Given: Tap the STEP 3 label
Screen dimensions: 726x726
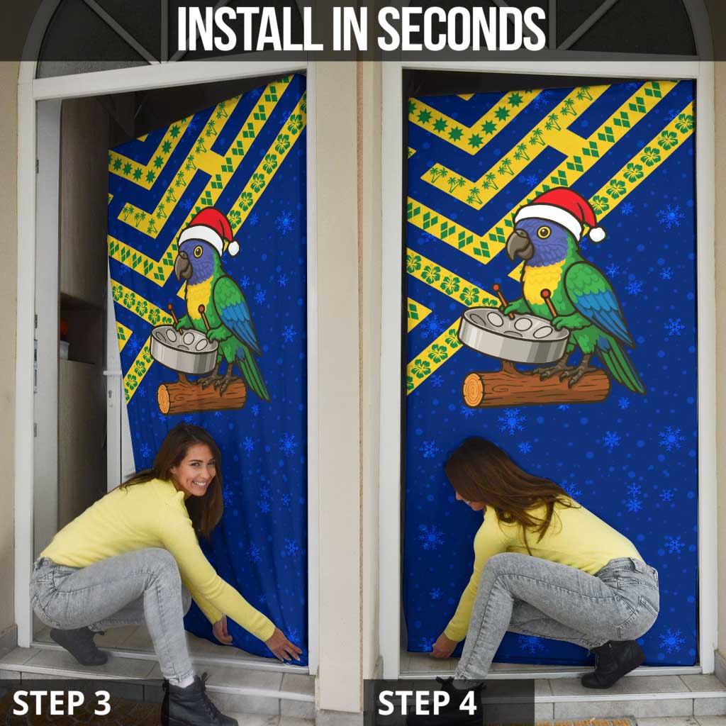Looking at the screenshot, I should coord(62,703).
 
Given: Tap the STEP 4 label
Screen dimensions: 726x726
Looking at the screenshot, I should coord(427,703).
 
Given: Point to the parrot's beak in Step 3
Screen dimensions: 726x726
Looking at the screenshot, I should coord(183,266).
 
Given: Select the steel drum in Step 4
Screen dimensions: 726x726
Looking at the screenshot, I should coord(513,333).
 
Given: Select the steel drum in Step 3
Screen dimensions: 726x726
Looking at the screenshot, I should coord(184,350).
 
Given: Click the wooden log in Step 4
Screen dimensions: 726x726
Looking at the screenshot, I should coord(536,387).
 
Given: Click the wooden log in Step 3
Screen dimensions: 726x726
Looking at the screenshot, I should coord(201,396).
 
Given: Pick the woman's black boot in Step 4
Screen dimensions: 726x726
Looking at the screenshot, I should coord(613,663).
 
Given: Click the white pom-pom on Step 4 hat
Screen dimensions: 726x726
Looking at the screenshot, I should coord(597,234).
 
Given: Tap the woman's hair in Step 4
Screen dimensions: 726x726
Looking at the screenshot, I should coord(496,482).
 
